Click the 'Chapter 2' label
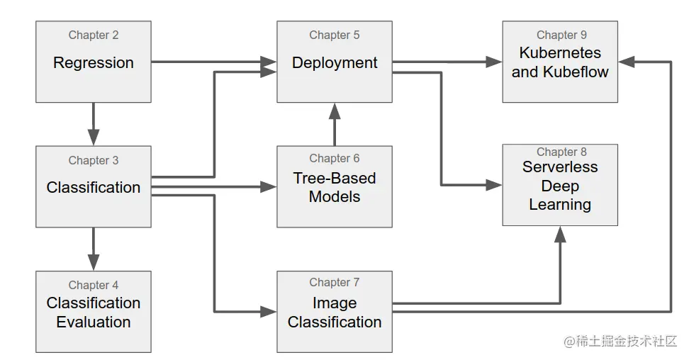(93, 35)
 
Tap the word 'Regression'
(93, 63)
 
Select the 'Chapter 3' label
(93, 160)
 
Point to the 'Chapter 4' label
(93, 286)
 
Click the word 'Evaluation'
(93, 322)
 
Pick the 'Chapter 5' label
(335, 35)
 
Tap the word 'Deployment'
(335, 63)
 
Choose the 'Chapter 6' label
(335, 158)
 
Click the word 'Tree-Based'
(335, 178)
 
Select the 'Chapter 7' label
(335, 282)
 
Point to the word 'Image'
(335, 303)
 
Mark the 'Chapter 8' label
(561, 152)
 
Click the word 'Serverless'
(560, 167)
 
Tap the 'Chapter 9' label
(561, 35)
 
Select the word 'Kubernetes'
(560, 52)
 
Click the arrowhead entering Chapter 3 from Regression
(93, 137)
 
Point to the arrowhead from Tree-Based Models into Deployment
(335, 111)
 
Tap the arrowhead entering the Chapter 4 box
(93, 262)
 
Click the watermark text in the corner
(620, 341)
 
